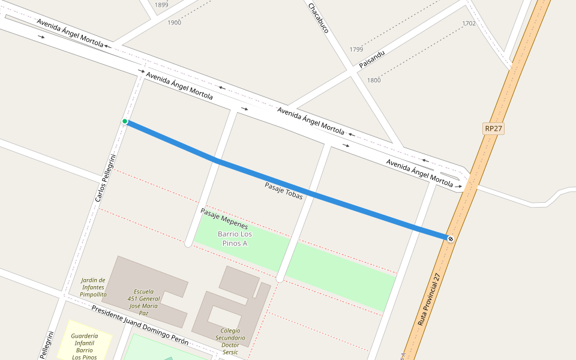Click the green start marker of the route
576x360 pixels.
[x=125, y=121]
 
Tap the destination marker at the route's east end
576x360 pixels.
[x=451, y=239]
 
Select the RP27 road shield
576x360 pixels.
[x=493, y=129]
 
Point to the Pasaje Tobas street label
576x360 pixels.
[x=284, y=191]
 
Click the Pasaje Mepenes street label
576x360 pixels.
[x=224, y=219]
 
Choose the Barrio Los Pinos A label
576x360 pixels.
[x=235, y=238]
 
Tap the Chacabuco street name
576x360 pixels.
[x=318, y=18]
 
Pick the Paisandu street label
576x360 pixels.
[x=371, y=58]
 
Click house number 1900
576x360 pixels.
[x=174, y=23]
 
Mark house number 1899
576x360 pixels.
[x=161, y=5]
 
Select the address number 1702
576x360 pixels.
[x=469, y=23]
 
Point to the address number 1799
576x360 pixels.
[x=356, y=49]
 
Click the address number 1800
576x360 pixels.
[x=374, y=80]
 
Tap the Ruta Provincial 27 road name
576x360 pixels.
[x=430, y=299]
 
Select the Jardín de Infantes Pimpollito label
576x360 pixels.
[x=93, y=287]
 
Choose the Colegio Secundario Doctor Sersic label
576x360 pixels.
[x=230, y=341]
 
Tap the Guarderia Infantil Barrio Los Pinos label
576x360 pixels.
[x=85, y=347]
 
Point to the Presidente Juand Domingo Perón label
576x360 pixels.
[x=140, y=325]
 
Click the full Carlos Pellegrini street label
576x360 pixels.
[x=105, y=178]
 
